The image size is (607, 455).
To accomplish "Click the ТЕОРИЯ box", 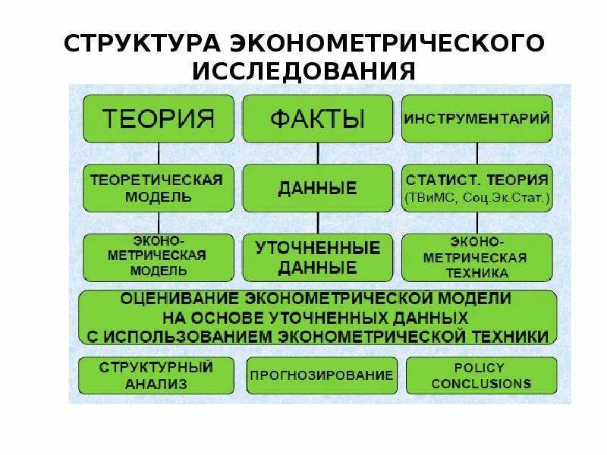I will click(158, 118).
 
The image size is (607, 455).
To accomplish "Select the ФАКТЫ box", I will click(317, 118).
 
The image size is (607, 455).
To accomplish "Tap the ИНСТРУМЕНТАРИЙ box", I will click(476, 118).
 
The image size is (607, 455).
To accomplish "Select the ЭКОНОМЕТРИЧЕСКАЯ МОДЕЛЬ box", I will click(158, 256).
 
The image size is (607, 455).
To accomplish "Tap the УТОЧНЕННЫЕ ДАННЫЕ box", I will click(317, 256).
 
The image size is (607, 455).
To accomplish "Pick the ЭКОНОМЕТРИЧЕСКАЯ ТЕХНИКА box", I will click(476, 256).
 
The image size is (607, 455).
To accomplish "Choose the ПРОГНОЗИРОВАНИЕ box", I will click(322, 375).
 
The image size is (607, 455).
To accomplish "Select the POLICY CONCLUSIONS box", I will click(481, 375).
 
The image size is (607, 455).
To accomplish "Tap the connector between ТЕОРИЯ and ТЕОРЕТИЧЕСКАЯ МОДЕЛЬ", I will click(158, 153).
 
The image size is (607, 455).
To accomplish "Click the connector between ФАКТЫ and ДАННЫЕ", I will click(317, 153).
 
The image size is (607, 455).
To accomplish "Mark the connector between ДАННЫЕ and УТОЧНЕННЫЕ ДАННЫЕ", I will click(317, 223).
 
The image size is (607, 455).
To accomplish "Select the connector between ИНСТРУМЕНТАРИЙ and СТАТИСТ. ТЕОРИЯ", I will click(476, 153).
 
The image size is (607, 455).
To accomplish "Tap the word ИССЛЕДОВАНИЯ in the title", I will click(303, 71).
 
